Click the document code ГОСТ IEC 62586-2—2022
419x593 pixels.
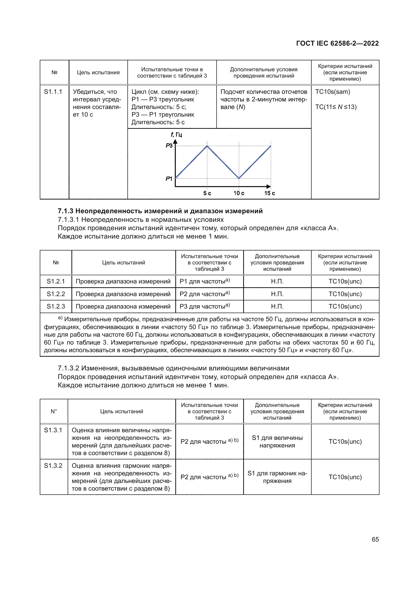click(337, 43)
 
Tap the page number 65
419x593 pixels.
click(375, 539)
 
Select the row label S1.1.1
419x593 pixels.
click(53, 92)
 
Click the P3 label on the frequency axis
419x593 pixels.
click(169, 146)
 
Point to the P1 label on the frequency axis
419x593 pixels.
click(169, 178)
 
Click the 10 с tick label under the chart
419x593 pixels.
click(239, 193)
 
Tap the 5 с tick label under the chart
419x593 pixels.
click(207, 193)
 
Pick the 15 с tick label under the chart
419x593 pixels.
click(270, 193)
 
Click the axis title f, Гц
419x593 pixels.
click(177, 135)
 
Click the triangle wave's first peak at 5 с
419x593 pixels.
click(207, 146)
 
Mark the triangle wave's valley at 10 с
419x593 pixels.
click(239, 178)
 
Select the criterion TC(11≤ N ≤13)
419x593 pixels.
click(336, 107)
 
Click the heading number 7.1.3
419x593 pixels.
click(66, 211)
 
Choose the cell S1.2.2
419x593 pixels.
click(56, 294)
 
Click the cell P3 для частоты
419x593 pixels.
click(204, 306)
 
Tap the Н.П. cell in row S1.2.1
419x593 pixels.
click(277, 281)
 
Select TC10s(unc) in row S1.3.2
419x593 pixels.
click(345, 477)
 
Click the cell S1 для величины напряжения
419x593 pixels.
click(277, 441)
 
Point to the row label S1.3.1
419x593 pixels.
click(53, 430)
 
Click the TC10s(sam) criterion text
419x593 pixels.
click(333, 92)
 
